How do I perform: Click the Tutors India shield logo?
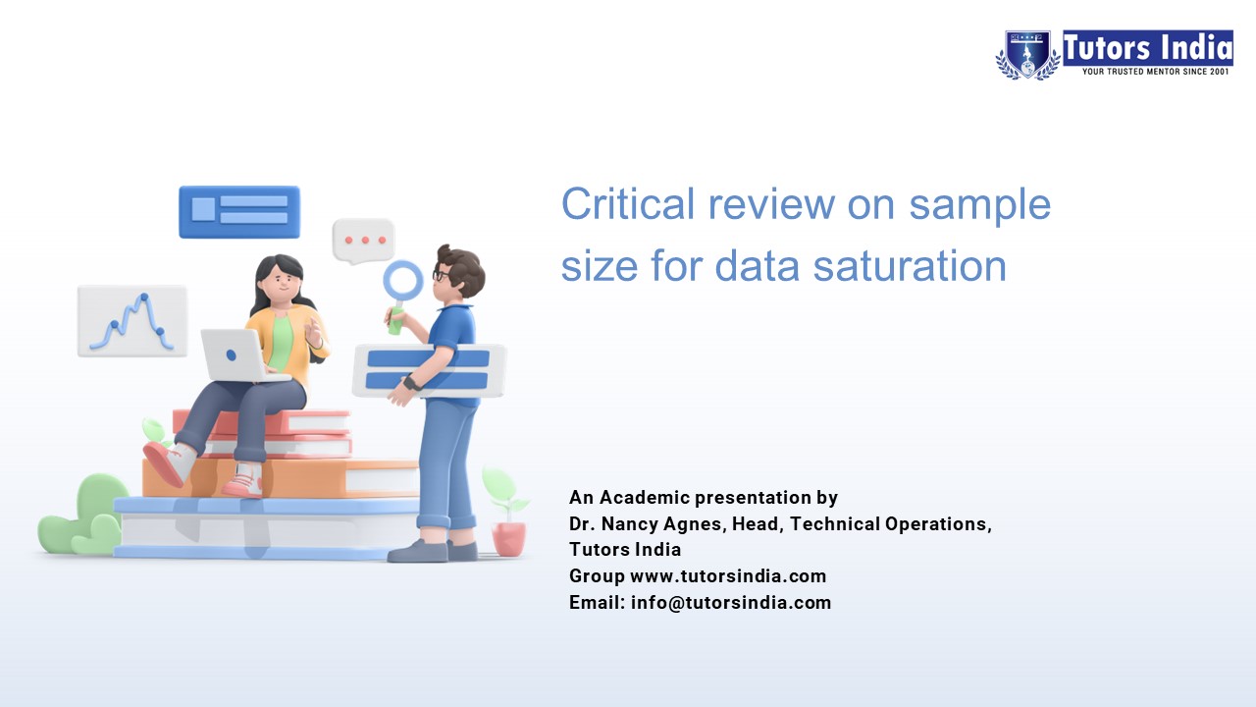(1027, 54)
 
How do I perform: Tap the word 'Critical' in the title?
(627, 204)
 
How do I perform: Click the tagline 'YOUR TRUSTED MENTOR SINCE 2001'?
(1155, 72)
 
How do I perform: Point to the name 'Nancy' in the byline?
(637, 523)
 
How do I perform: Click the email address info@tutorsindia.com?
(731, 603)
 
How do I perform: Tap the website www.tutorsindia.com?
(728, 576)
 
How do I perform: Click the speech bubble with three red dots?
(363, 241)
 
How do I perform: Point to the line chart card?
(132, 320)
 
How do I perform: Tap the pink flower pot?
(508, 537)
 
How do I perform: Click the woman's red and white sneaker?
(168, 463)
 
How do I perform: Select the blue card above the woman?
(239, 211)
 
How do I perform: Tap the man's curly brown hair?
(461, 267)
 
